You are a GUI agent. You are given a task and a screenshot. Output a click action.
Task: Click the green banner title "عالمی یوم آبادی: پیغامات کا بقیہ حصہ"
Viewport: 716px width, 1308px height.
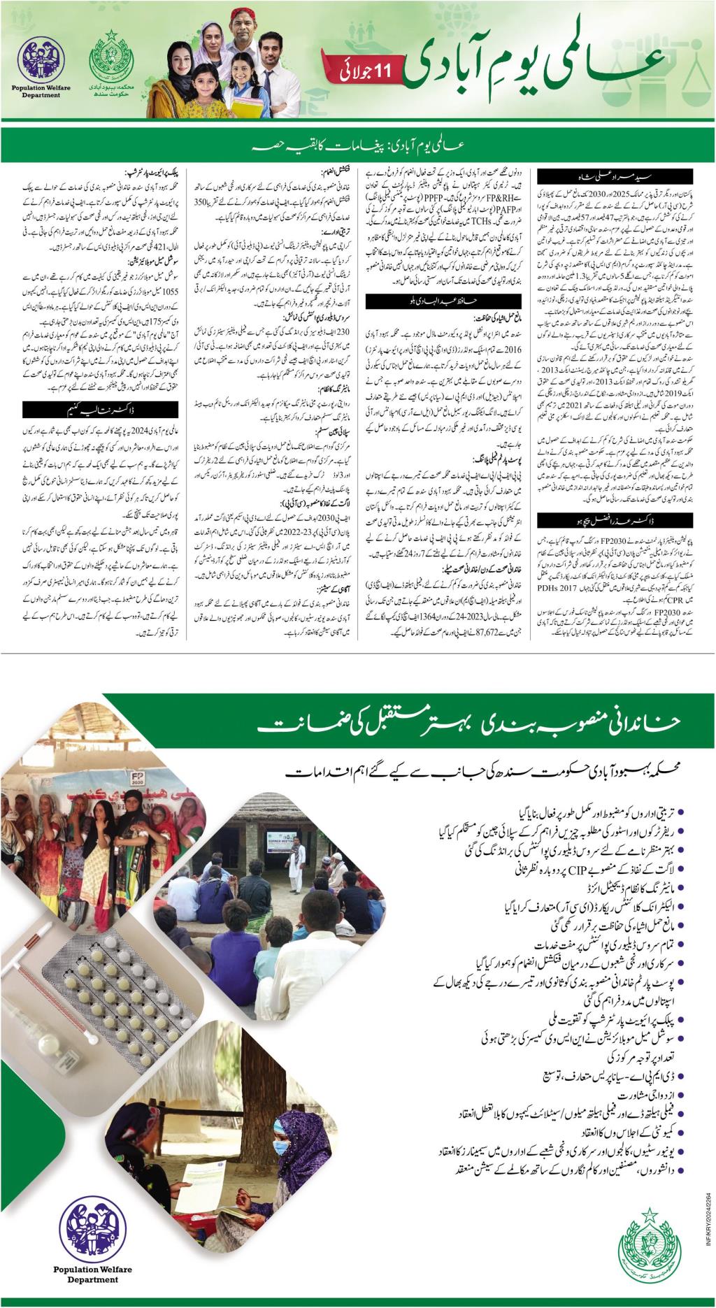pos(357,147)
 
